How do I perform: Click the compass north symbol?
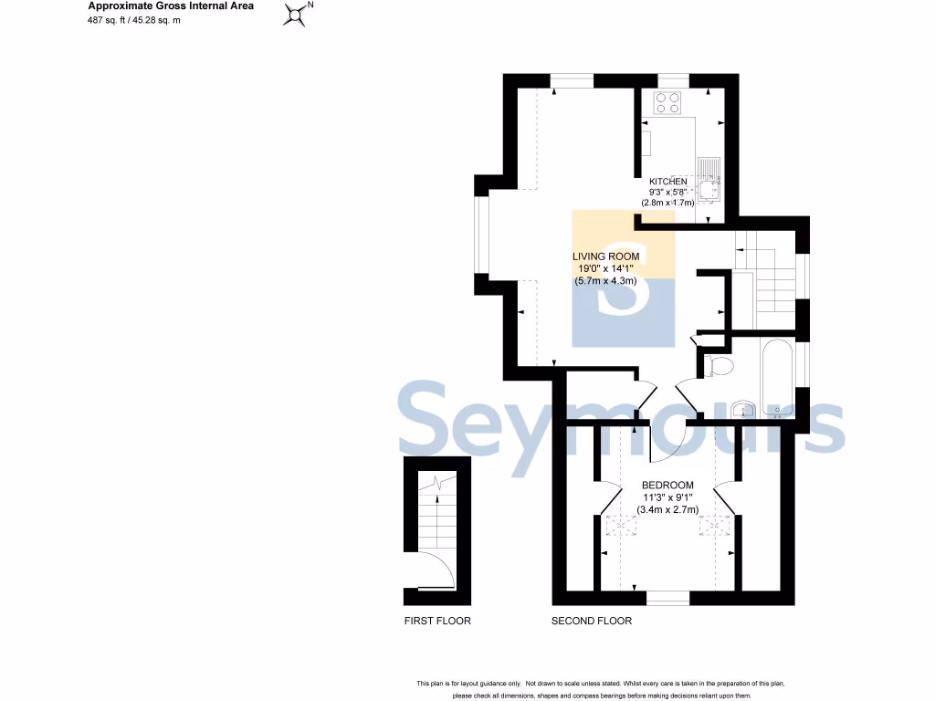point(296,15)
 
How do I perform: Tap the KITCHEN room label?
point(667,182)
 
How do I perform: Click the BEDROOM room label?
point(667,485)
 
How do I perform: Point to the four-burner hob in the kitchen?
point(667,103)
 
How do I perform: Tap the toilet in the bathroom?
point(720,367)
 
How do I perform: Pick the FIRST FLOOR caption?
point(437,622)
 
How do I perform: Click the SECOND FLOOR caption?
point(592,622)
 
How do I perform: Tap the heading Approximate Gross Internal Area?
point(171,6)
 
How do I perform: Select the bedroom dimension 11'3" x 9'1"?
point(667,497)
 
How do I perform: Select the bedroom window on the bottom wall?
point(668,599)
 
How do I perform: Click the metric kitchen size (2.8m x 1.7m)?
point(667,203)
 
